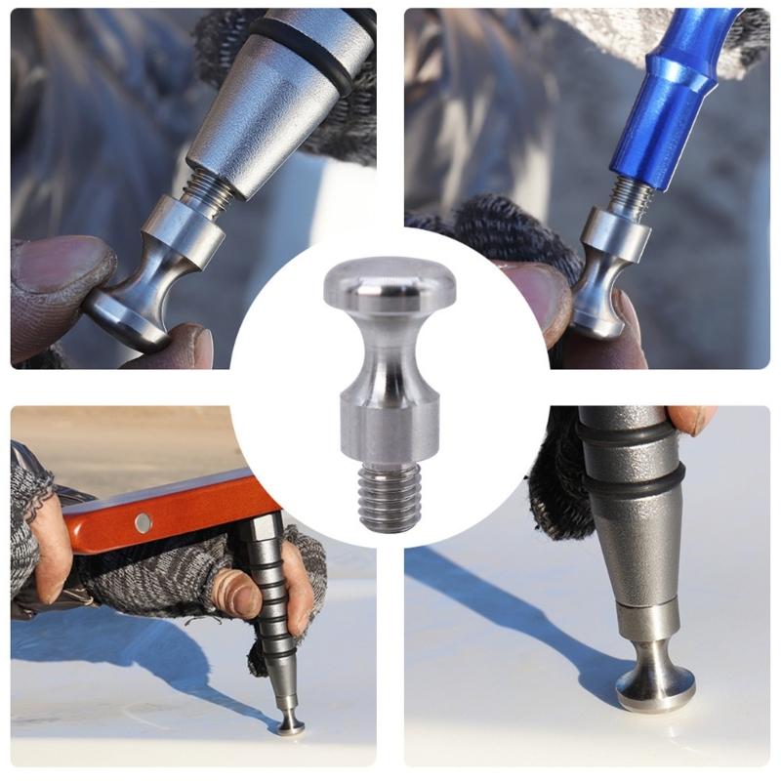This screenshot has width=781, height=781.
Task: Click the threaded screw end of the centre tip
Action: (x=390, y=495)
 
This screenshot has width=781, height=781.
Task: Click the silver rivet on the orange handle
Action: (x=144, y=522)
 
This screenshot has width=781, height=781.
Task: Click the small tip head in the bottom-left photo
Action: (x=290, y=725)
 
